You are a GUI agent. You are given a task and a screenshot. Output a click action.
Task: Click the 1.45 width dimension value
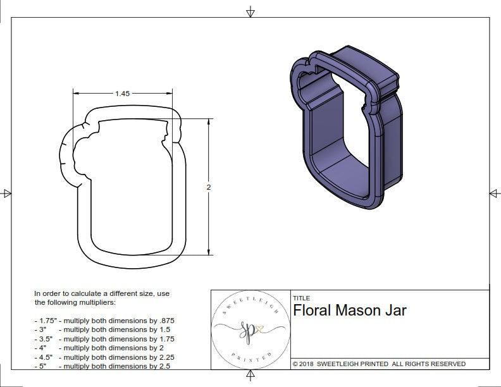click(x=122, y=94)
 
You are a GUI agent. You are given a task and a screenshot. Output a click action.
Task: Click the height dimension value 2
click(x=208, y=187)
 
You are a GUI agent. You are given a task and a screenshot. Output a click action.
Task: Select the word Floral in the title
click(x=312, y=310)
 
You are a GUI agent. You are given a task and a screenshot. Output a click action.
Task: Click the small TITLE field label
click(x=300, y=298)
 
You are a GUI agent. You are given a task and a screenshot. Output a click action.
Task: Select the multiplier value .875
click(x=163, y=321)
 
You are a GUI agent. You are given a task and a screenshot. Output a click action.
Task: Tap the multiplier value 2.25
click(x=163, y=357)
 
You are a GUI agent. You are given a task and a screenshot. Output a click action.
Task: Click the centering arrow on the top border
click(x=250, y=11)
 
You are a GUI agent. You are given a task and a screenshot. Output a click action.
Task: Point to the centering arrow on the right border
click(x=493, y=193)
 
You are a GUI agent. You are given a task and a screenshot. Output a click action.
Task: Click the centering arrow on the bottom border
click(x=250, y=377)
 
